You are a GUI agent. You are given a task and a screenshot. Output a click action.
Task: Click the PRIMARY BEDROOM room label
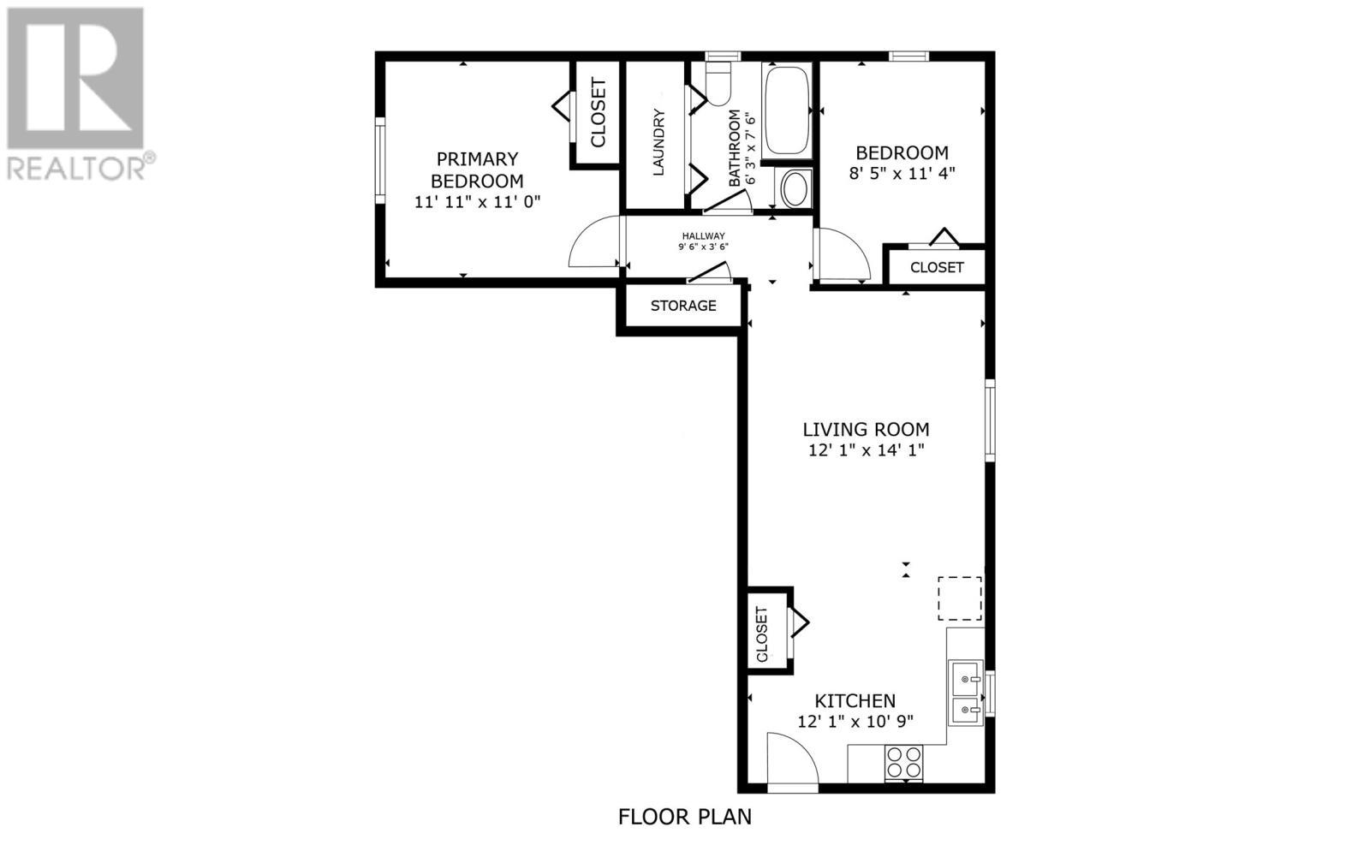pos(477,170)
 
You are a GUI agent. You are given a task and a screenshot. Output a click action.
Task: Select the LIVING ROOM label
pos(866,430)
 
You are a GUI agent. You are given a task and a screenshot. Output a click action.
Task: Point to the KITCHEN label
pos(855,701)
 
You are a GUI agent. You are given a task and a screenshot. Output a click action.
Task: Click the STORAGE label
pos(683,306)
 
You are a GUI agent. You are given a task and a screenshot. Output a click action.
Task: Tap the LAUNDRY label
pos(658,142)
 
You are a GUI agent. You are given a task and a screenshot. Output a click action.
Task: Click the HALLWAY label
pos(703,236)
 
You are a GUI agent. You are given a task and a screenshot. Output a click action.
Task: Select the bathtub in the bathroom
pos(786,110)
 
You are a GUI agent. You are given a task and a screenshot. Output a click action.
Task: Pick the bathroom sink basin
pos(795,189)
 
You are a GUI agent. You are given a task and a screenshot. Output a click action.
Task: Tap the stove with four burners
pos(903,762)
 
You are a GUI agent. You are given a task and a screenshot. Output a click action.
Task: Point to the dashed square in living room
pos(960,598)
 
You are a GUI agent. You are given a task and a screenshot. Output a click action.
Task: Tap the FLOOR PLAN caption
pos(685,817)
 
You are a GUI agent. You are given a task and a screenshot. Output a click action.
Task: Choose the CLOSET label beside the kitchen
pos(762,635)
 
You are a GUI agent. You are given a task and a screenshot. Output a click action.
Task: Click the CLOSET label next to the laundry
pos(598,112)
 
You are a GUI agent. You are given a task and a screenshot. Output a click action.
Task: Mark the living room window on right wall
pos(990,421)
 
